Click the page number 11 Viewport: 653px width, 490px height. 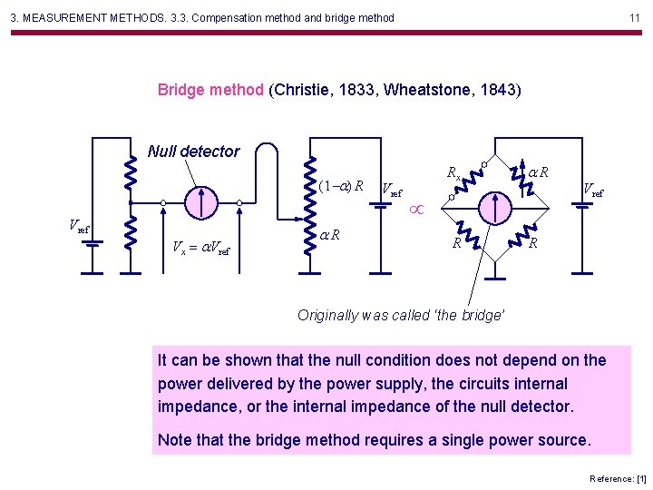pos(635,17)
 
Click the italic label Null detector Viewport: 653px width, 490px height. pos(193,152)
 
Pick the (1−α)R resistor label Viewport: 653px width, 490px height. pos(341,186)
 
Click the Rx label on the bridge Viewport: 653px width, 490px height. pos(453,171)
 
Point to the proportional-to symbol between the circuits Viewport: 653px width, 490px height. pos(417,210)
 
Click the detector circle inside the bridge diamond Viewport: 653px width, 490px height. pos(494,208)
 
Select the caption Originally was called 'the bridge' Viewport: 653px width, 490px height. pos(401,315)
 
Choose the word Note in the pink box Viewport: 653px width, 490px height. pos(176,440)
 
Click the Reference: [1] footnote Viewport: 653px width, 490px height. pos(617,478)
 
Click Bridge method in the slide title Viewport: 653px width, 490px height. pos(211,90)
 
